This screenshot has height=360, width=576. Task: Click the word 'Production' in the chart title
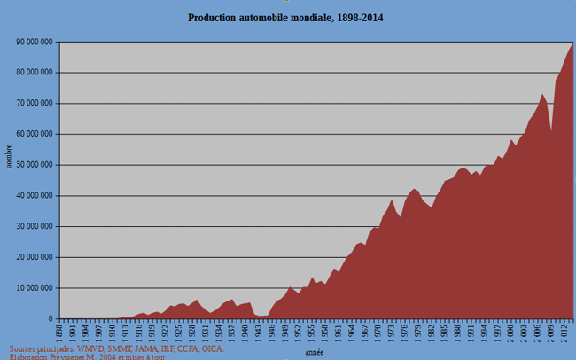215,18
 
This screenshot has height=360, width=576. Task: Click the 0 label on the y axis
51,319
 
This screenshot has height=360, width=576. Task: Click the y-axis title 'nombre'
9,156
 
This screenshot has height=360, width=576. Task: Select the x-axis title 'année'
314,352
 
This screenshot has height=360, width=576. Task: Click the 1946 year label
272,331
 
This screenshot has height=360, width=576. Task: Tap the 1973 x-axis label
392,331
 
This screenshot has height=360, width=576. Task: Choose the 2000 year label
511,331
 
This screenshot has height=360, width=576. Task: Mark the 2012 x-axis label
564,331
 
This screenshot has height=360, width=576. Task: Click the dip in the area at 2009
551,131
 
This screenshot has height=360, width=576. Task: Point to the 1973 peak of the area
392,200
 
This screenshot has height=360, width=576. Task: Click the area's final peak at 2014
573,43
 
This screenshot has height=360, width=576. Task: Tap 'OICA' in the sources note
212,348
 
